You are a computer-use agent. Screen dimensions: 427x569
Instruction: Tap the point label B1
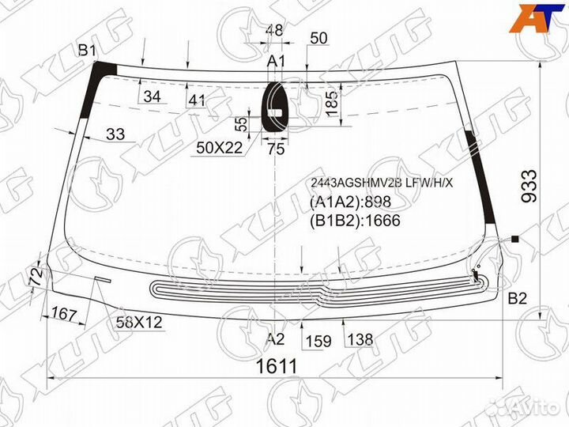click(86, 51)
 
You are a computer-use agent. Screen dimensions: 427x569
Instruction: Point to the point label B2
click(517, 298)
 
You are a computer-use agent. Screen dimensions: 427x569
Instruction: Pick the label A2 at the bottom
click(274, 339)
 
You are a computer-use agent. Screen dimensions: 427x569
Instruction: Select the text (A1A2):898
click(347, 202)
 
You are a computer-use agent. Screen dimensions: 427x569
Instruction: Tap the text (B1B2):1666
click(354, 221)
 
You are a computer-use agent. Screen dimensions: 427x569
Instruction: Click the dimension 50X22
click(220, 148)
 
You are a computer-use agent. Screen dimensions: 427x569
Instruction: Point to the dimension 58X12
click(139, 323)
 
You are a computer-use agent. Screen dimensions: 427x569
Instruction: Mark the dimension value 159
click(318, 341)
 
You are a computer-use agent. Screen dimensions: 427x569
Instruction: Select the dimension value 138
click(360, 340)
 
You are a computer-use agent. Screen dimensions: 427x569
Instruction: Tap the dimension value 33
click(115, 134)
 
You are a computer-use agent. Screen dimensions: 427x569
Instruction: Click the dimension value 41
click(197, 100)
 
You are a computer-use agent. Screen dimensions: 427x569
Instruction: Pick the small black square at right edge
click(515, 238)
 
